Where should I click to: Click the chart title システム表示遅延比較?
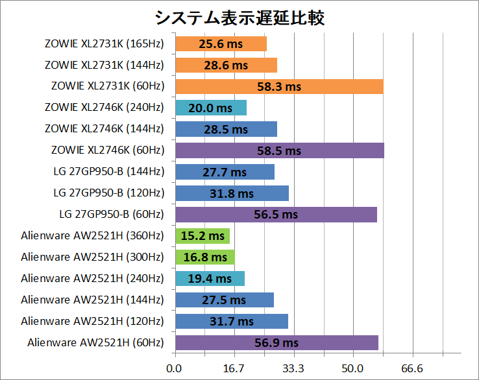click(x=239, y=17)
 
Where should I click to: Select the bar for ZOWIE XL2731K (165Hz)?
click(x=221, y=44)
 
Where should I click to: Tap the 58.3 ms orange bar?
click(x=278, y=86)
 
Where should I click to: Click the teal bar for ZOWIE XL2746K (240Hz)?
click(x=210, y=108)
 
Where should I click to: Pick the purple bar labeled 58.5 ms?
click(x=279, y=150)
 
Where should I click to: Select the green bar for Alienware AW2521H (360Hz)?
click(x=202, y=236)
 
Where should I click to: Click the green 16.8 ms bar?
click(x=204, y=257)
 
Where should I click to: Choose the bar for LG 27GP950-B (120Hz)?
click(x=232, y=193)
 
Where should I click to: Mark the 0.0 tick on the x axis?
click(x=174, y=368)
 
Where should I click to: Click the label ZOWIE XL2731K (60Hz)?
click(x=107, y=86)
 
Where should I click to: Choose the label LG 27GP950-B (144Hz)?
click(x=108, y=172)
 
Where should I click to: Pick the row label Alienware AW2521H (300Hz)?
click(x=92, y=257)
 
